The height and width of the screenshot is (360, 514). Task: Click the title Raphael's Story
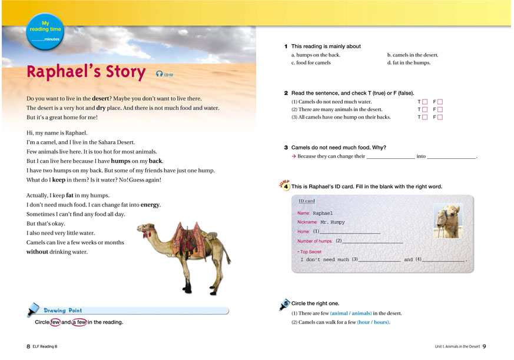point(86,72)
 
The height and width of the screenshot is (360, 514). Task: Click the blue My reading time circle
point(45,31)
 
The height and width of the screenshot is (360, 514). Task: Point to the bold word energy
point(150,205)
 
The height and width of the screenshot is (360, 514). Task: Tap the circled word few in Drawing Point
point(55,322)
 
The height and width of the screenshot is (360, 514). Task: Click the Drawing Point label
point(62,310)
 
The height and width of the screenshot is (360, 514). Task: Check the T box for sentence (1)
point(425,102)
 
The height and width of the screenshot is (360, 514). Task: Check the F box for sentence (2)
point(440,109)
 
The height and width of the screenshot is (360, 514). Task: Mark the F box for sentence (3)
point(440,117)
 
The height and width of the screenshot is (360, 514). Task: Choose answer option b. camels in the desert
point(412,55)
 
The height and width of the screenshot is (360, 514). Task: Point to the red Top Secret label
point(310,252)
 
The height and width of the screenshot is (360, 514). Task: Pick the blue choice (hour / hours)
point(373,322)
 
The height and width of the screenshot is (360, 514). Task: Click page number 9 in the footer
point(484,346)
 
